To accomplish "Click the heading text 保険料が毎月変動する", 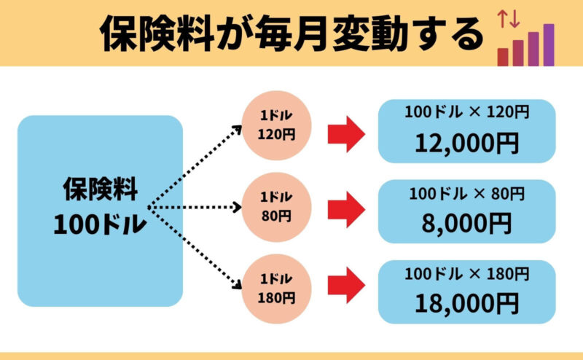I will tap(291, 34).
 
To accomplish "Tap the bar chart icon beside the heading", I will tap(526, 45).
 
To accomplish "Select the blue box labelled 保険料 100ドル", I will tap(100, 211).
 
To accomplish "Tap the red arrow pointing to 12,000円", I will tap(345, 133).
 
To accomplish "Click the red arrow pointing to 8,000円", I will tap(345, 211).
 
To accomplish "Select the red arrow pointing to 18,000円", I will tap(345, 286).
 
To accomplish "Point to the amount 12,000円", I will tap(466, 143).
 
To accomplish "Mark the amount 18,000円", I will tap(466, 301).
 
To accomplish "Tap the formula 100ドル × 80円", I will tap(466, 193).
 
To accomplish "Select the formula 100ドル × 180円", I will tap(466, 274).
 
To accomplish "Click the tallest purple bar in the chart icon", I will tap(549, 44).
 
